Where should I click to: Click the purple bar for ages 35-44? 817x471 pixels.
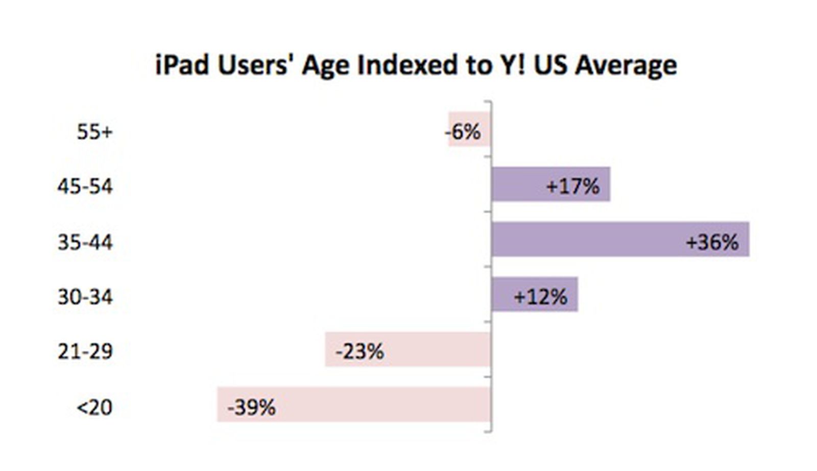coord(587,239)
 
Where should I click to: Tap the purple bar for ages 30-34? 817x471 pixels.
coord(503,294)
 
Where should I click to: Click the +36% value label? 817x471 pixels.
coord(712,242)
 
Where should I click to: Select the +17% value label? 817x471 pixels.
coord(573,186)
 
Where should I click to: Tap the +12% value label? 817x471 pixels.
coord(540,297)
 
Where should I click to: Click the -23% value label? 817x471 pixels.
coord(359,351)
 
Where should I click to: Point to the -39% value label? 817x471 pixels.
coord(251,408)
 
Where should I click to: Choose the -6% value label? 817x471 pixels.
coord(463,132)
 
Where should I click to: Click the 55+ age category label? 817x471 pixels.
coord(94,132)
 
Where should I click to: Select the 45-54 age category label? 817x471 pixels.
coord(85,186)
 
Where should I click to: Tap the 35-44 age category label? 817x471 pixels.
coord(85,242)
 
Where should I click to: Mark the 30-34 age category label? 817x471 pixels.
coord(85,297)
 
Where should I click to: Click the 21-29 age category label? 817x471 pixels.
coord(85,351)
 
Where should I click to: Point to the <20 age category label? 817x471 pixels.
coord(94,408)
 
